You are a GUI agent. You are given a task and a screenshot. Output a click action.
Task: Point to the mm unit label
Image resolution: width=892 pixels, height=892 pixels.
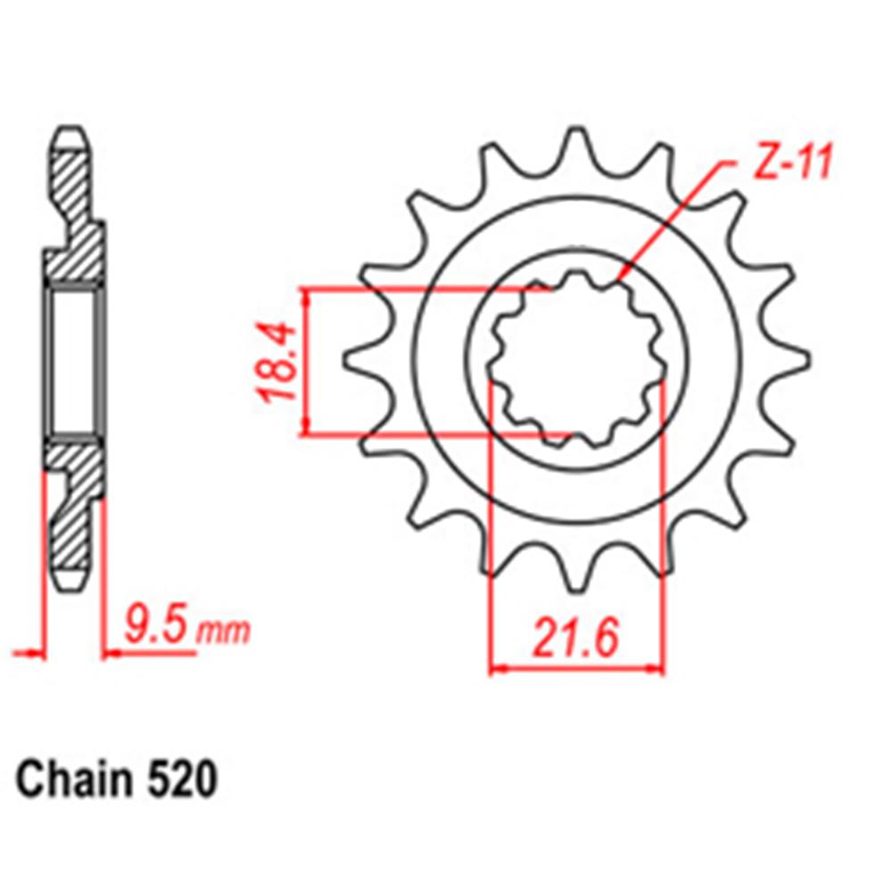(223, 632)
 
